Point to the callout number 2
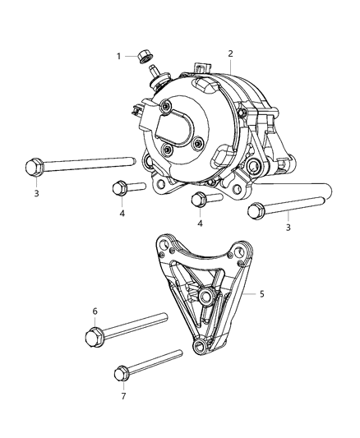[231, 53]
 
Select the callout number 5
[262, 293]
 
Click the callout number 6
[95, 311]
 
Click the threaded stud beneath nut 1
[154, 75]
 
